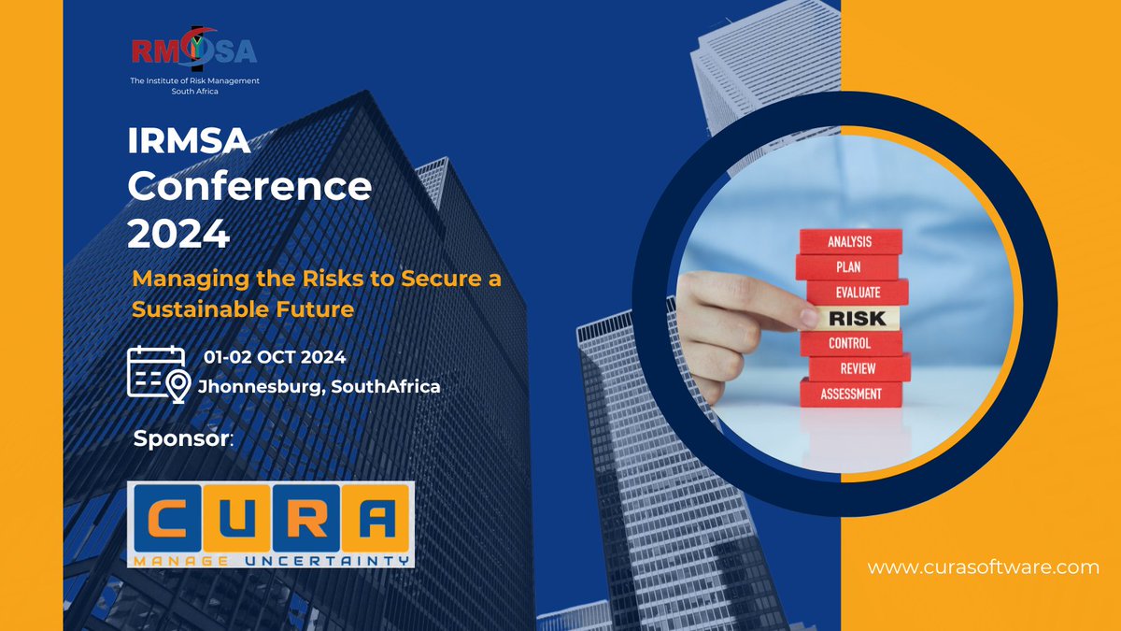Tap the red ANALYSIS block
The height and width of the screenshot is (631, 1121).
849,242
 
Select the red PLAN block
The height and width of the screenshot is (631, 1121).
848,267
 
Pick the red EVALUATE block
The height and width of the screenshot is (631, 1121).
858,292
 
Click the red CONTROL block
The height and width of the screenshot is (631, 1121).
849,343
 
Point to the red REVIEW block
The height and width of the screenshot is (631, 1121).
857,368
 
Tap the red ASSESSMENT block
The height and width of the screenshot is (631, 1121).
850,394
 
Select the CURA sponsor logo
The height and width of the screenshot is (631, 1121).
271,524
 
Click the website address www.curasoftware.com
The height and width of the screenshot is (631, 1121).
984,567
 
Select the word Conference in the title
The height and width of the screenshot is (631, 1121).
249,187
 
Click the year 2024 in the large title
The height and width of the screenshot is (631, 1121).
178,233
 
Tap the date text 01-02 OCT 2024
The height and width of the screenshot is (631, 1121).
275,357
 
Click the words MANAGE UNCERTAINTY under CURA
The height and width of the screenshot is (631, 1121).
271,560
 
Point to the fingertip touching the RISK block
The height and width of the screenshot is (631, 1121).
807,318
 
